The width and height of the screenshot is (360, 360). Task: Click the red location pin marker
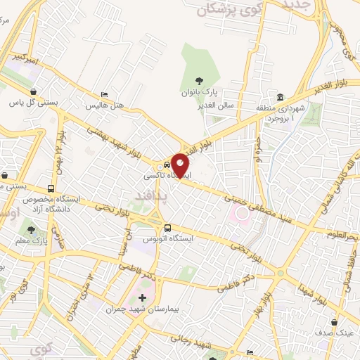pos(181,165)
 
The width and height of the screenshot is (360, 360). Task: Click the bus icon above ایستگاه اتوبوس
pos(167,228)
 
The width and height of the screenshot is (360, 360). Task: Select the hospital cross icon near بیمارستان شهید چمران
pos(143,298)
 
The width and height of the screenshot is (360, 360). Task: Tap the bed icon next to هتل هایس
pos(105,95)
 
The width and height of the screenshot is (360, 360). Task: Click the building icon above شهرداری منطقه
pos(280,97)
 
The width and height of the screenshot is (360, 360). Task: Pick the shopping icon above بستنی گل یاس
pos(34,91)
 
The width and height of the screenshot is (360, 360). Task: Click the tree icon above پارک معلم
pos(30,230)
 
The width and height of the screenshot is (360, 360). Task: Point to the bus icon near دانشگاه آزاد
pos(51,189)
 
